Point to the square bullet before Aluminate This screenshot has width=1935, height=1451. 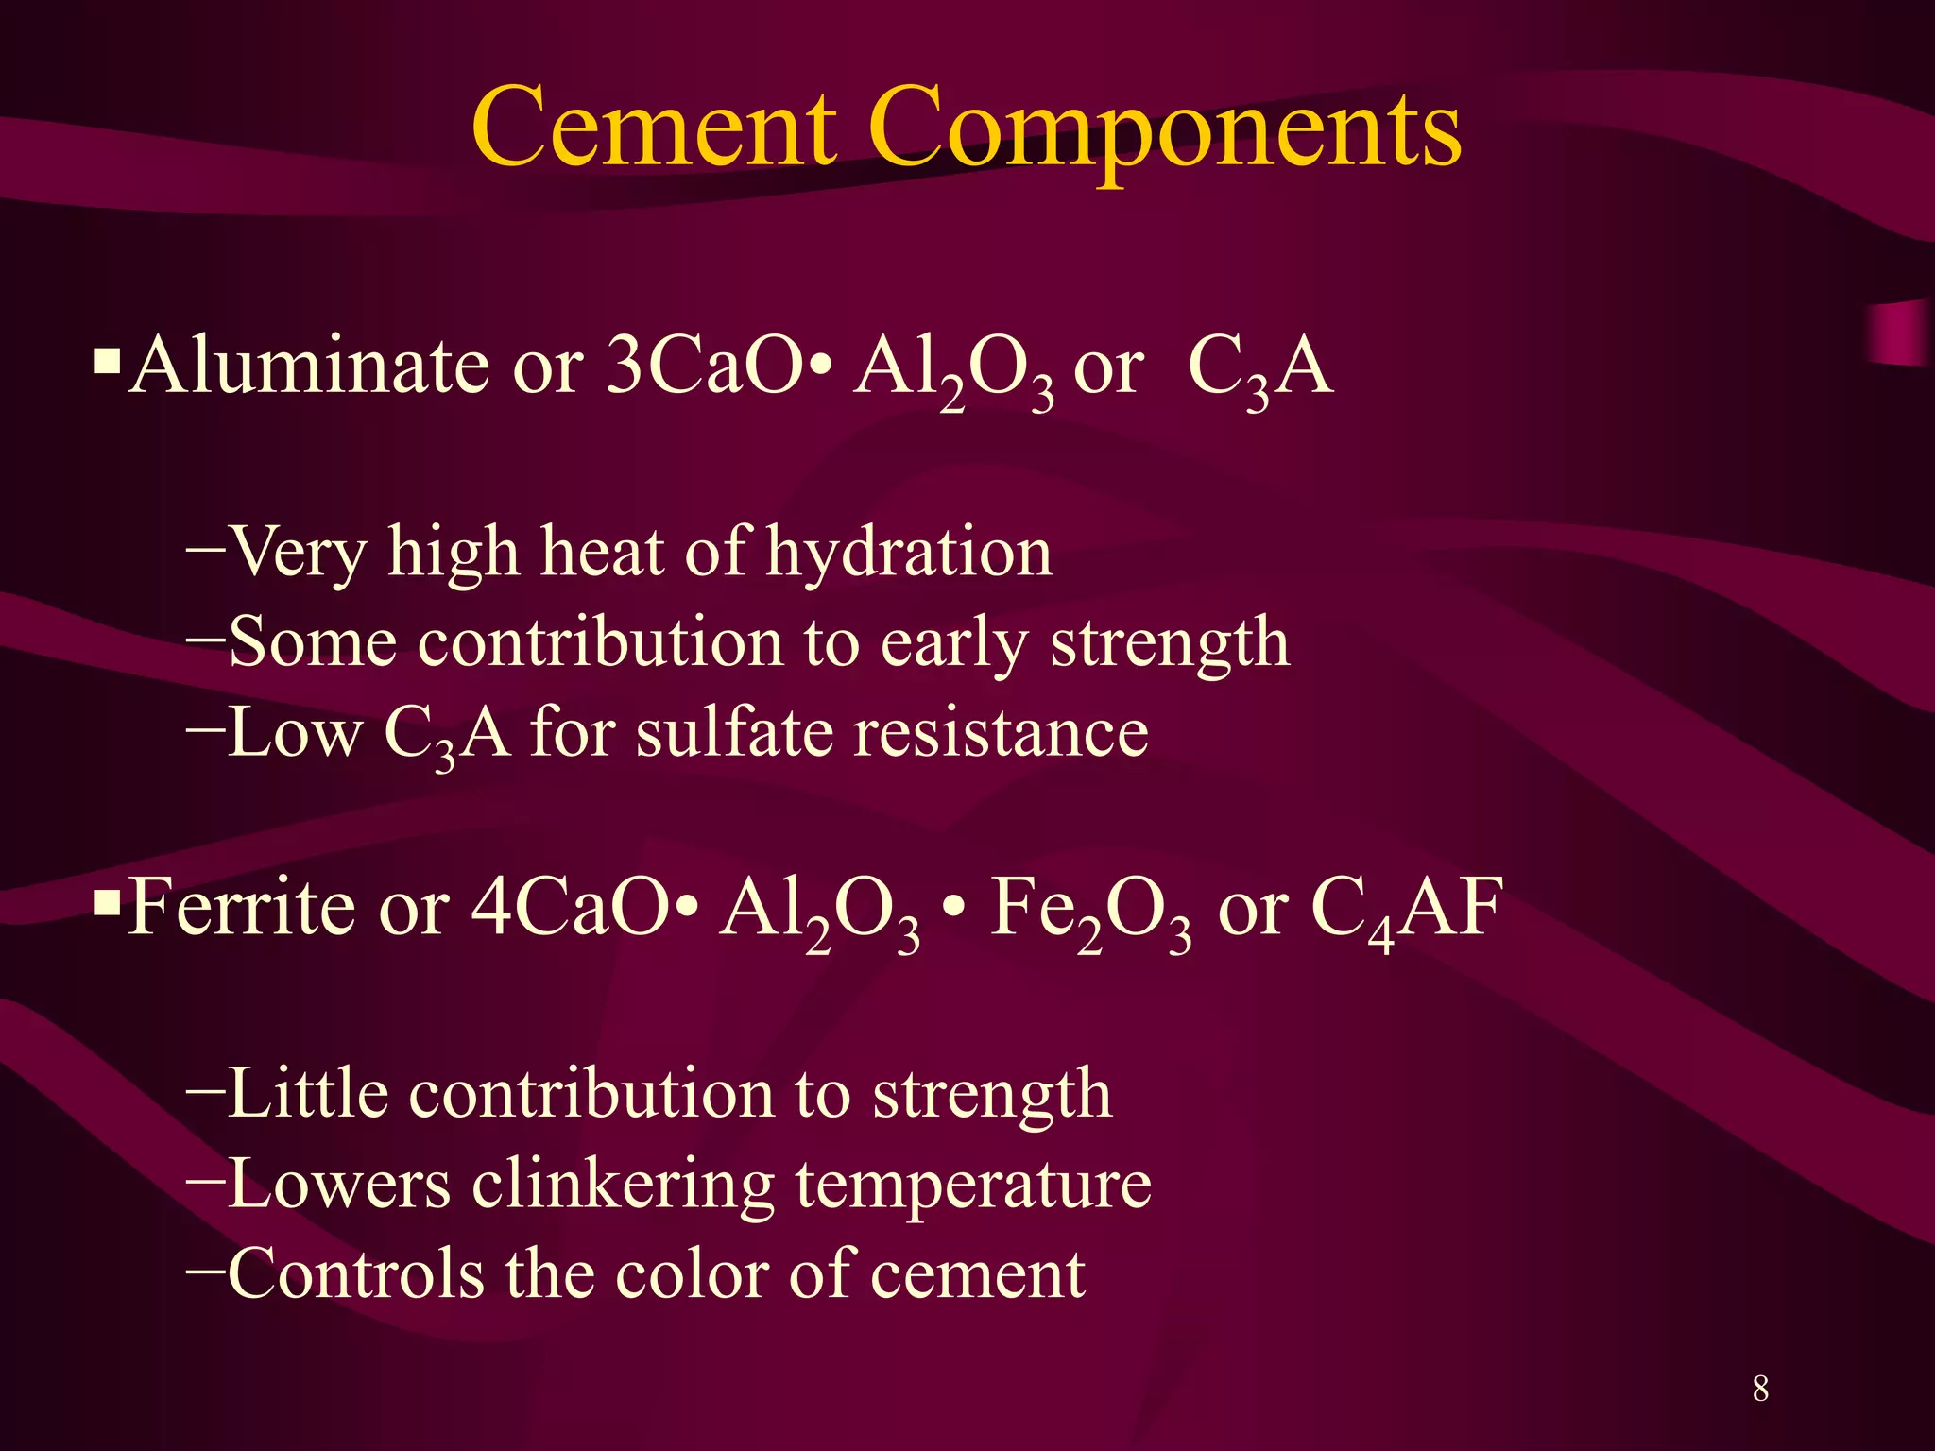(108, 361)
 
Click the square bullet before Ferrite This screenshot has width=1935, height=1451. (108, 903)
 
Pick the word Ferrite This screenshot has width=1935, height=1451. (242, 907)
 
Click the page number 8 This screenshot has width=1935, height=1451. (1760, 1389)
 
